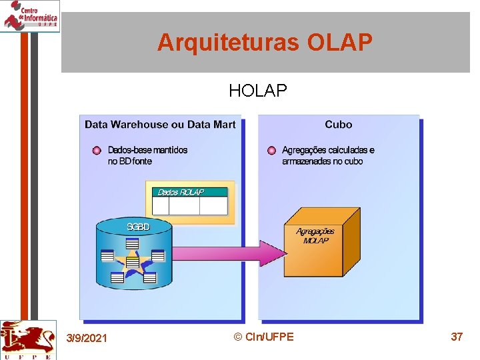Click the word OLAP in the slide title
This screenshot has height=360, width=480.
click(339, 43)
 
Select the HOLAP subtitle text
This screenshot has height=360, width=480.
click(258, 91)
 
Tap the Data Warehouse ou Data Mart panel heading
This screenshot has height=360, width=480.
click(160, 125)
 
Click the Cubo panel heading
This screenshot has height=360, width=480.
click(339, 125)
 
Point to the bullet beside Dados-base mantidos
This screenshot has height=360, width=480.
click(97, 151)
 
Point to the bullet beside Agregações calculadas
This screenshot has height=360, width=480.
click(271, 151)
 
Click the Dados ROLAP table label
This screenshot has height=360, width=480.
click(181, 192)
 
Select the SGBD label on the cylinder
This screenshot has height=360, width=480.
click(139, 227)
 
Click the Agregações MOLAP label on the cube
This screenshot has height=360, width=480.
click(315, 235)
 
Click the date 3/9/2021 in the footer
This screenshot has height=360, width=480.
click(87, 339)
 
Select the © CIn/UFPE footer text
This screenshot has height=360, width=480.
click(264, 337)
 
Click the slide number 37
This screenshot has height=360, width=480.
click(457, 337)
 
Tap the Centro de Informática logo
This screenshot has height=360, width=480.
click(30, 15)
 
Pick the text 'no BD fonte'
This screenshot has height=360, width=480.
click(130, 161)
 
